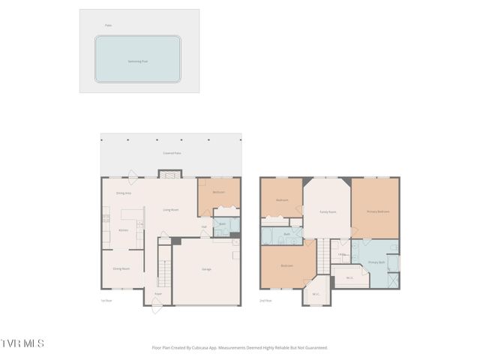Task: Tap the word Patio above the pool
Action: pos(109,25)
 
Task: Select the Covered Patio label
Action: pos(172,153)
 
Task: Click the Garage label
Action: pos(205,268)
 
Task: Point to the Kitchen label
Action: pos(124,230)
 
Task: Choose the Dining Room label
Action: pos(121,268)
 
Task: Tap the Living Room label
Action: pos(171,210)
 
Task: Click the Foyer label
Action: pos(158,293)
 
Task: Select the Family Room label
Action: pos(328,212)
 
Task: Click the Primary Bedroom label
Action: pos(377,211)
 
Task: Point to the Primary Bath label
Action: pos(376,262)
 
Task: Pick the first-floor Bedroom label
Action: pos(218,192)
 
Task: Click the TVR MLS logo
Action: pos(22,343)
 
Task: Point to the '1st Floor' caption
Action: pos(106,301)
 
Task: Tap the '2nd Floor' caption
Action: pos(266,301)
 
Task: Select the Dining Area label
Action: pos(124,193)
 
